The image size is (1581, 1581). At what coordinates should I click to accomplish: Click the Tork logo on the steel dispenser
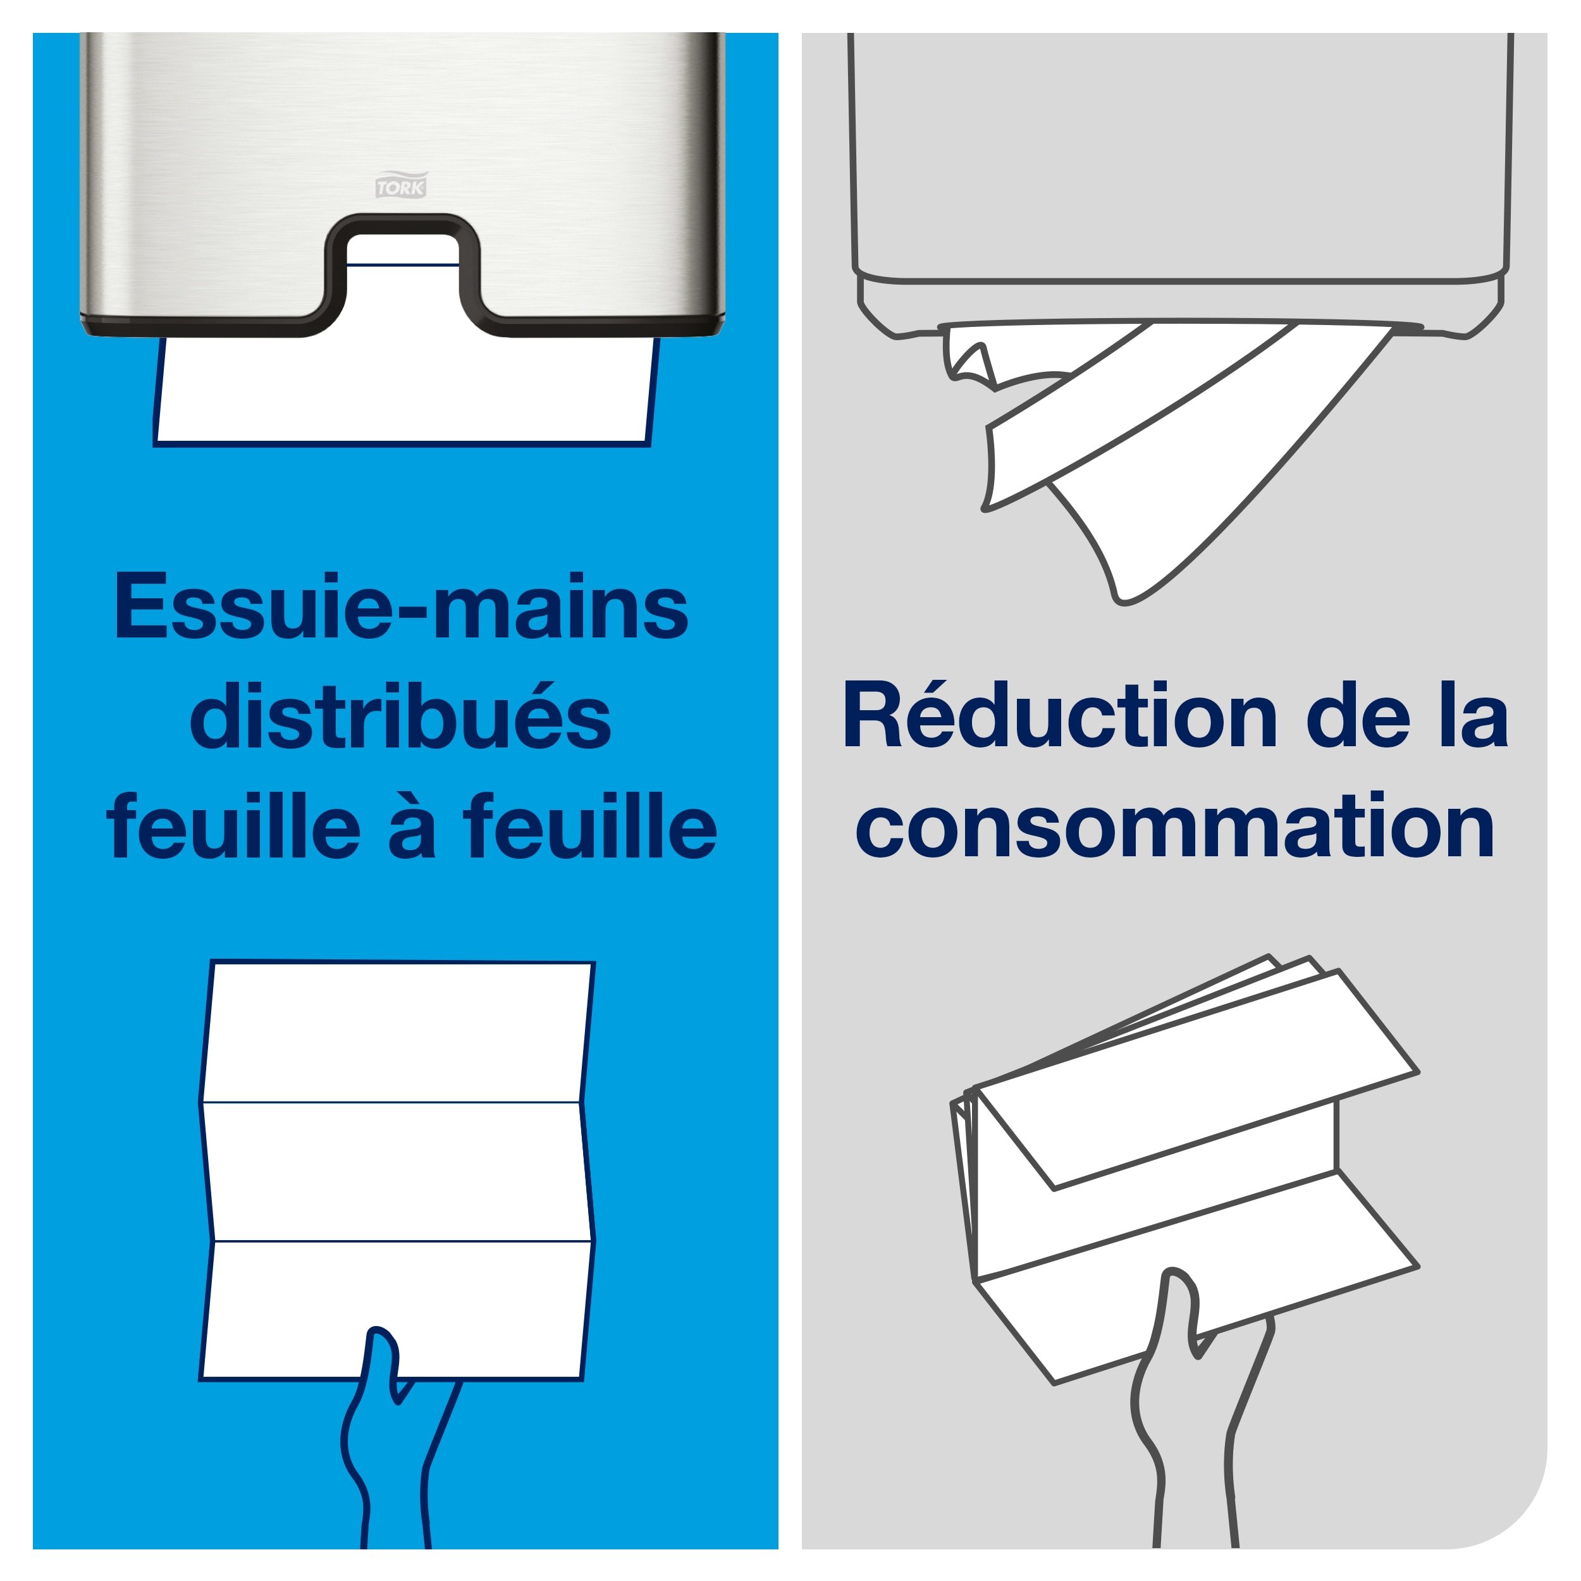click(401, 185)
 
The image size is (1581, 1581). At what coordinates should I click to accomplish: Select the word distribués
click(401, 718)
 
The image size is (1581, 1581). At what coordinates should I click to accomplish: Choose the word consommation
click(1175, 827)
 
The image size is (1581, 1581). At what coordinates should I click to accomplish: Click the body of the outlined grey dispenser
click(1178, 164)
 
